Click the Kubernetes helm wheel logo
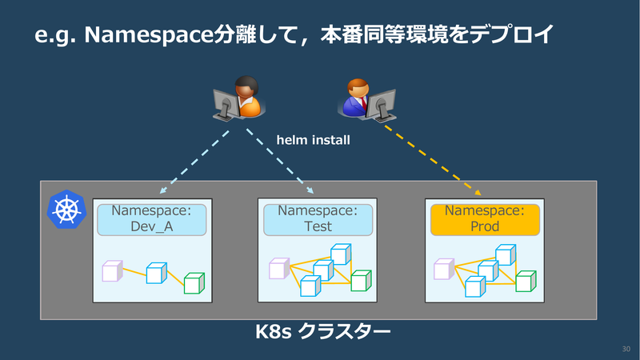coord(66,209)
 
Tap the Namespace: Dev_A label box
coord(152,219)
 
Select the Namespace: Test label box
coord(318,219)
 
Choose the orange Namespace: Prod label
coord(485,219)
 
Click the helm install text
coord(313,140)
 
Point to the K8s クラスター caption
coord(322,331)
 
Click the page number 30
coord(626,349)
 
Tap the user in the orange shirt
coord(238,98)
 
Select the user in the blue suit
coord(366,101)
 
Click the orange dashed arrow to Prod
coord(433,161)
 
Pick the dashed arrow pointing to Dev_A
coord(194,162)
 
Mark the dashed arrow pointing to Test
coord(280,162)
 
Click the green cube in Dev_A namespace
coord(194,283)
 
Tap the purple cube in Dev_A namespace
coord(112,271)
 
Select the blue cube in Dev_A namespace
coord(156,273)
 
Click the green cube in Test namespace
coord(361,281)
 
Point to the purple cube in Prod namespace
coord(444,269)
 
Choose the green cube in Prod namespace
coord(526,282)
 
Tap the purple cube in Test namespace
coord(279,269)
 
